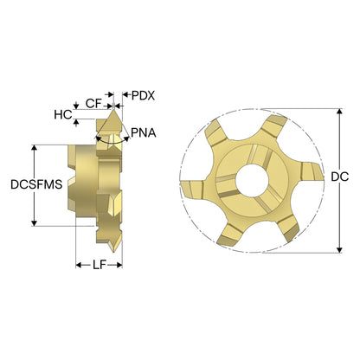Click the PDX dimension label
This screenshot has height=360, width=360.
point(143,96)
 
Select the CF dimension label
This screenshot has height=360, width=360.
point(93,103)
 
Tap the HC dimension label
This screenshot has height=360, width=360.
point(63,115)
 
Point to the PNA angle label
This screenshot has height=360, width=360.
point(144,133)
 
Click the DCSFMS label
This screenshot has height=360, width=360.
point(36,184)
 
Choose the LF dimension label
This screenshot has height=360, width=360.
point(100,265)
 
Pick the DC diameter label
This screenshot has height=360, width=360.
point(340,177)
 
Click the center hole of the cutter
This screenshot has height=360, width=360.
point(252,181)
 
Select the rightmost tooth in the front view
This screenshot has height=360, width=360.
point(312,172)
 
